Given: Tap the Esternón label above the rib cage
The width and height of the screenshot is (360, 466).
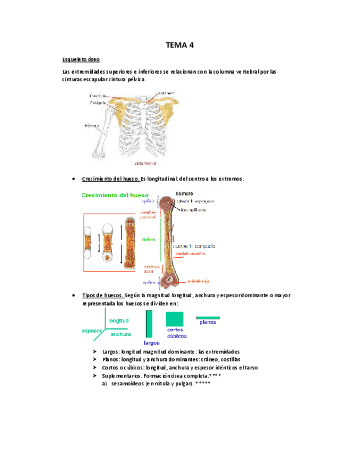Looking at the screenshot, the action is (167, 93).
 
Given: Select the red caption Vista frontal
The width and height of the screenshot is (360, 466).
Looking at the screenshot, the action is (146, 163).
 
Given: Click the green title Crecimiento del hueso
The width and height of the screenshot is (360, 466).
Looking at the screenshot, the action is (115, 195).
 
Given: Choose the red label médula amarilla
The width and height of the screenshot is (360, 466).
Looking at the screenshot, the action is (192, 252).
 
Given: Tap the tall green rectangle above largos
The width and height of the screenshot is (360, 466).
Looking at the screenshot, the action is (149, 324).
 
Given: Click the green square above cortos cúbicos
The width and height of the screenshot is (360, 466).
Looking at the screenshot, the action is (175, 319).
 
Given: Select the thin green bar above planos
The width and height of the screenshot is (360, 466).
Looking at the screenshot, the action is (208, 318).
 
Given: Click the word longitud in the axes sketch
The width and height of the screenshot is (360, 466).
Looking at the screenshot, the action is (118, 320).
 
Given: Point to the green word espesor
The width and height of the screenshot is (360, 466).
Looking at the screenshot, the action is (91, 331).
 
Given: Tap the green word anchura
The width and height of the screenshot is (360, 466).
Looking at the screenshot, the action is (120, 334).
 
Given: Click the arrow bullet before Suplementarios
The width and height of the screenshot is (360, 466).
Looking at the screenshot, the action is (97, 376).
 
